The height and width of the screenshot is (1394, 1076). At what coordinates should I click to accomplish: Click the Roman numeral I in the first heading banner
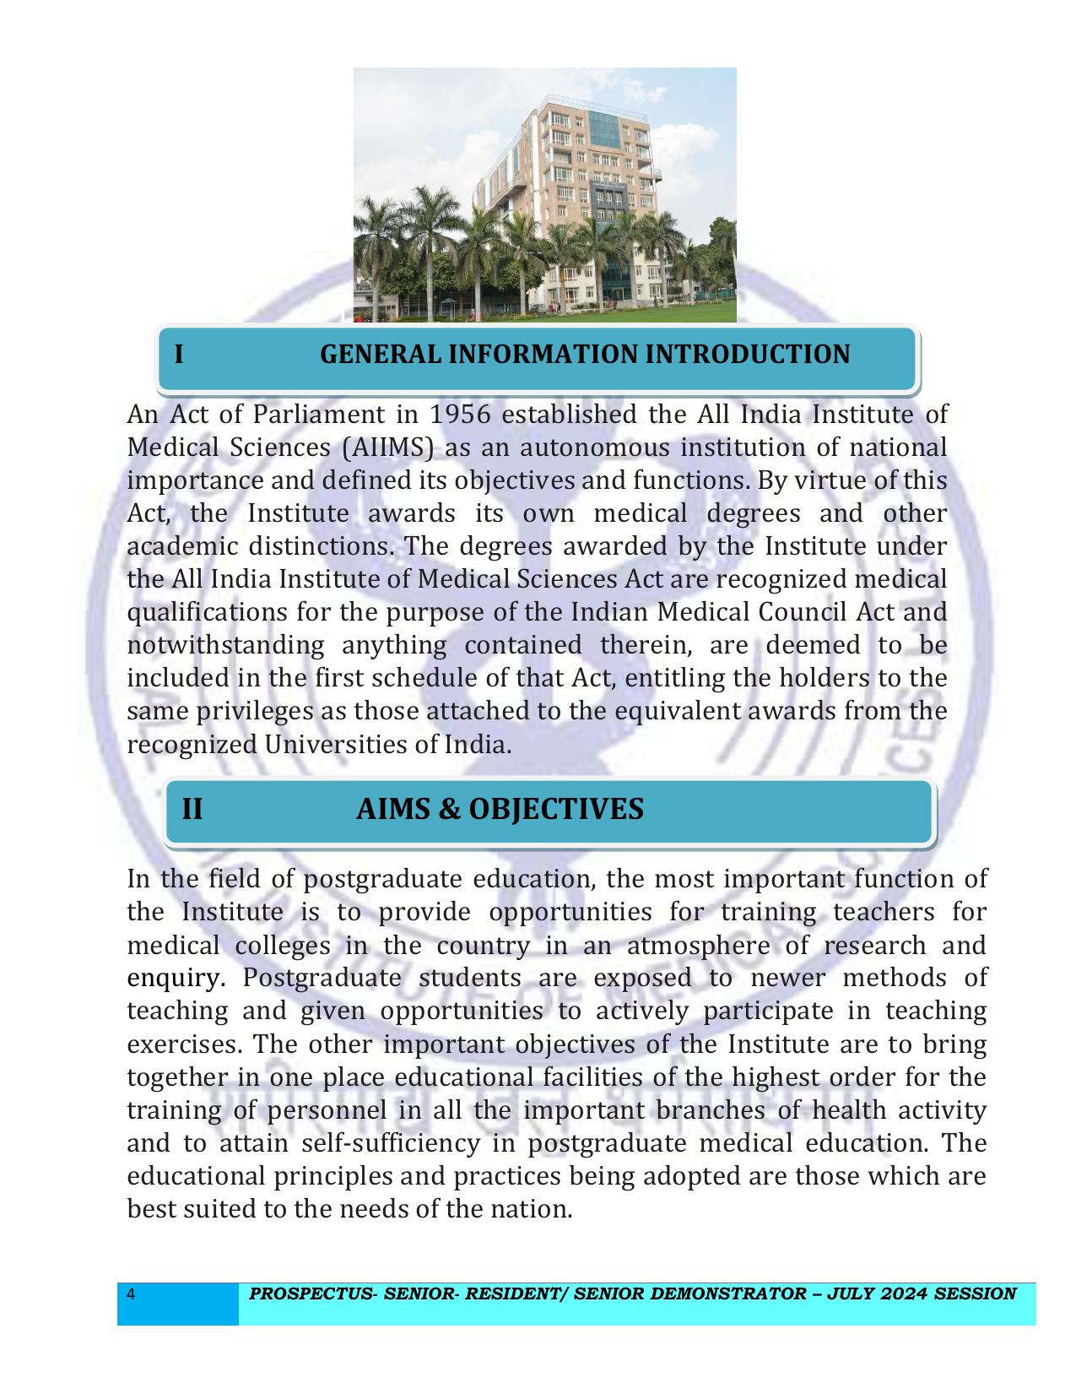coord(179,355)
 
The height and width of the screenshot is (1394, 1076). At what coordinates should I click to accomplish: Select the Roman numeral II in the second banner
coord(192,809)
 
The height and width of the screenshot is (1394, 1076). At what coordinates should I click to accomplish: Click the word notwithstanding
coord(225,646)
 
